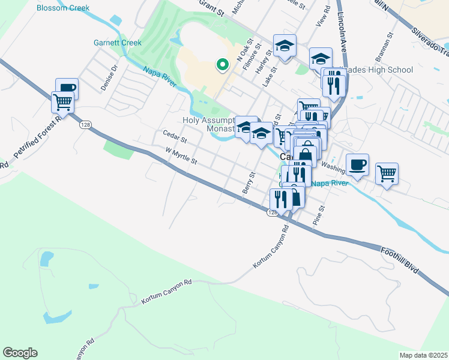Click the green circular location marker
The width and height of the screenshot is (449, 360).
[222, 64]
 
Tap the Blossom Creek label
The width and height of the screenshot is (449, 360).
[63, 8]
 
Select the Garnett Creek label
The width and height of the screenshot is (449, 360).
[118, 43]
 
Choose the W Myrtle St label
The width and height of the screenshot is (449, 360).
[181, 157]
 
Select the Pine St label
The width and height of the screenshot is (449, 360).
[319, 216]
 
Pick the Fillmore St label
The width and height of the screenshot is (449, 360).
[252, 55]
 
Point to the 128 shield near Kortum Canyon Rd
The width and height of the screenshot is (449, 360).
[273, 212]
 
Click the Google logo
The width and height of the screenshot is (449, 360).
[20, 353]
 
